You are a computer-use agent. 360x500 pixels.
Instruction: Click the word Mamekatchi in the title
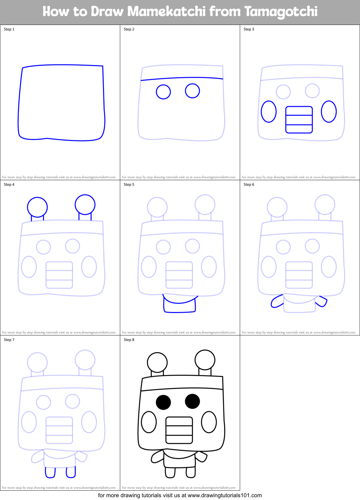[x=167, y=12]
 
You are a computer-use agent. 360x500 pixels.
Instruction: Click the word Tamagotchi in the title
[x=281, y=12]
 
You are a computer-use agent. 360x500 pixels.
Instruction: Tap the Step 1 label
[x=9, y=29]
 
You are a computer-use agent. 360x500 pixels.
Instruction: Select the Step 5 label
[x=129, y=185]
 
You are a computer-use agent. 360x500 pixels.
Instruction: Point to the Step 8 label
[x=129, y=340]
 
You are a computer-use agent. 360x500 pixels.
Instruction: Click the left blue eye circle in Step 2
[x=163, y=92]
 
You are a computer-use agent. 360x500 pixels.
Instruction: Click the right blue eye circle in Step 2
[x=192, y=91]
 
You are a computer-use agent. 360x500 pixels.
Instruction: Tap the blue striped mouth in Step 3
[x=299, y=120]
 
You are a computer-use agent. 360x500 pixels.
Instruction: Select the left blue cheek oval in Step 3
[x=269, y=111]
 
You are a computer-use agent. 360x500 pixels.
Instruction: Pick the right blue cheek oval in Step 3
[x=329, y=111]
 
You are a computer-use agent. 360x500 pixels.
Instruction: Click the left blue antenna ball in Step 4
[x=37, y=207]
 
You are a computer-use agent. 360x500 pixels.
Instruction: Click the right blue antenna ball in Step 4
[x=85, y=204]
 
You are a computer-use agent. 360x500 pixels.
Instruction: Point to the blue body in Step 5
[x=180, y=306]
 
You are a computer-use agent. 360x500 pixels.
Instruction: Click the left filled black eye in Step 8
[x=163, y=402]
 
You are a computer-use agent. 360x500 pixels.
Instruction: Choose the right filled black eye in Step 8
[x=192, y=401]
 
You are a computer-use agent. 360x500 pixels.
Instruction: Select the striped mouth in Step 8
[x=179, y=430]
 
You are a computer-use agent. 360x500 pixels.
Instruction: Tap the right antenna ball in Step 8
[x=205, y=360]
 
